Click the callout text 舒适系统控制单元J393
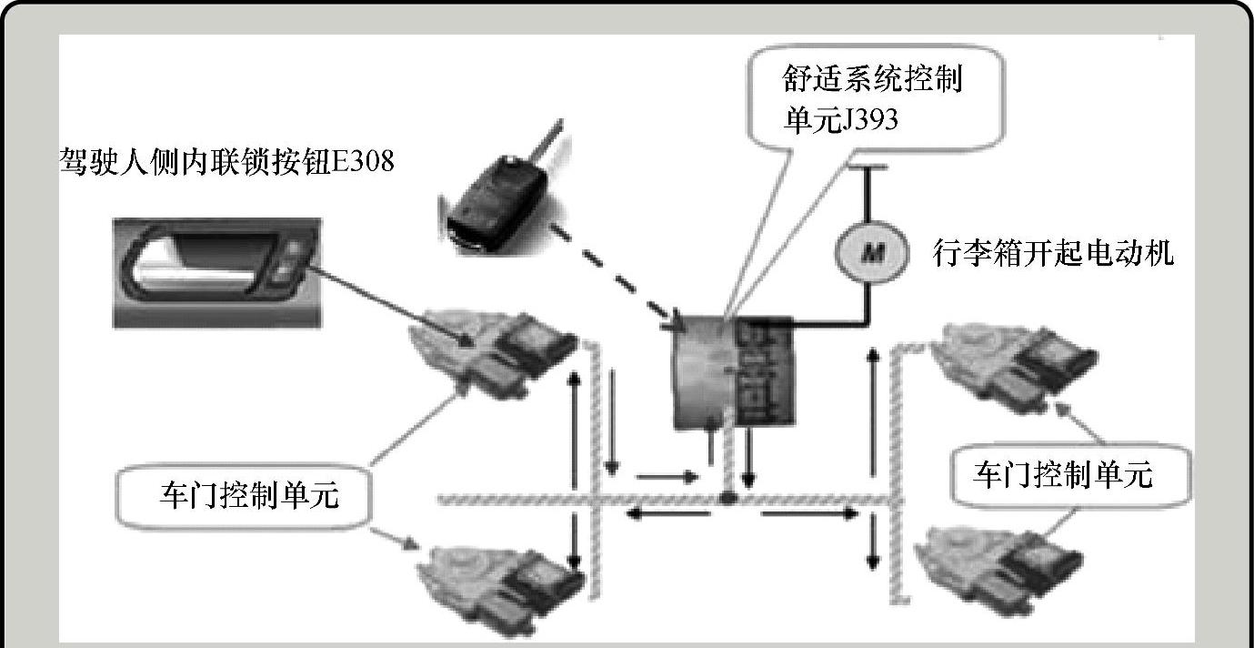(x=871, y=99)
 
